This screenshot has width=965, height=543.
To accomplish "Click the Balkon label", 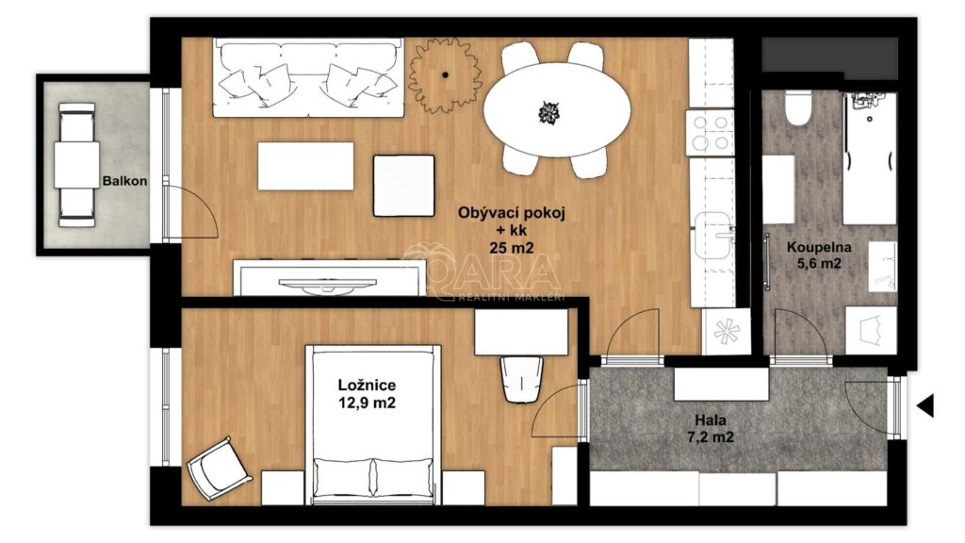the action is pyautogui.click(x=125, y=181).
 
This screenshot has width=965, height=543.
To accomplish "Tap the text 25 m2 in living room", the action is pyautogui.click(x=511, y=248).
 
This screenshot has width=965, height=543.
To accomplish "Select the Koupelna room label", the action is pyautogui.click(x=819, y=248).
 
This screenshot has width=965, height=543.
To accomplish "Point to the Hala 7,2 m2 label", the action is pyautogui.click(x=711, y=429).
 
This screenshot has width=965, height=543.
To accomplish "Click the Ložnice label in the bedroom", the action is pyautogui.click(x=367, y=386).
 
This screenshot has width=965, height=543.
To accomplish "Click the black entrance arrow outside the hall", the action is pyautogui.click(x=925, y=405).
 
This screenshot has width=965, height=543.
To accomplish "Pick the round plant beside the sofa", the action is pyautogui.click(x=445, y=75).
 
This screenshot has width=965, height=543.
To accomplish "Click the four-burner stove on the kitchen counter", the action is pyautogui.click(x=711, y=133).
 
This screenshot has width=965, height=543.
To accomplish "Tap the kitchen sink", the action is pyautogui.click(x=714, y=236).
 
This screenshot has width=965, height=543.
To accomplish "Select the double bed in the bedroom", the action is pyautogui.click(x=373, y=425).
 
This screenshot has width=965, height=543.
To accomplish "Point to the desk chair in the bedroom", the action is pyautogui.click(x=520, y=379).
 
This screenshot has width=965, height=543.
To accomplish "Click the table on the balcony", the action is pyautogui.click(x=77, y=165).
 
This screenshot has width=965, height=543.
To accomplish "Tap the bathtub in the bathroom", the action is pyautogui.click(x=870, y=158).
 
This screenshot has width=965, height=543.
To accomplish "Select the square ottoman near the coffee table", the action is pyautogui.click(x=403, y=186).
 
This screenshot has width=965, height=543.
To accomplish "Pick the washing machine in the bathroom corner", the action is pyautogui.click(x=870, y=330).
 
